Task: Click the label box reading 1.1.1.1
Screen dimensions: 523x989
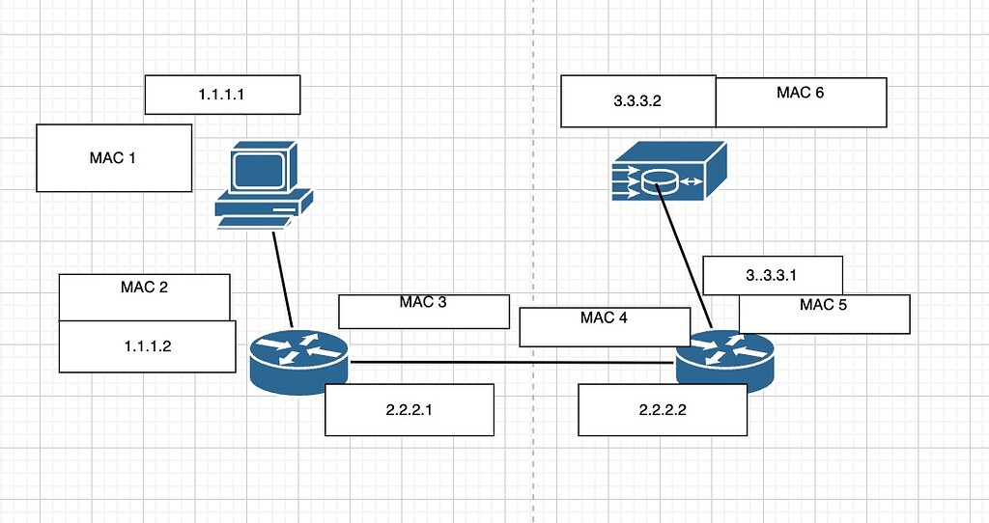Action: [x=222, y=95]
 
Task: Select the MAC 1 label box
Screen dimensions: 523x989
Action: [x=113, y=157]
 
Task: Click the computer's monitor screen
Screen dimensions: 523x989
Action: [x=261, y=168]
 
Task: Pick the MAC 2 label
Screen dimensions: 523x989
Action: [x=144, y=289]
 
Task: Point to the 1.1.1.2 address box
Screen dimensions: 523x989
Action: [x=147, y=346]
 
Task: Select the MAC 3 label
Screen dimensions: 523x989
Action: [x=423, y=303]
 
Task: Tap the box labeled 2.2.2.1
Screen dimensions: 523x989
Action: [x=410, y=409]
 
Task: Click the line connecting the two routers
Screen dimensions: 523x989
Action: [x=512, y=363]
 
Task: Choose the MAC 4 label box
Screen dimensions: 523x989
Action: [x=604, y=318]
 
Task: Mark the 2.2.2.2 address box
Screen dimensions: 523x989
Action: [x=663, y=409]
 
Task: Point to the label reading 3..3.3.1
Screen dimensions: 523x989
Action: [x=773, y=275]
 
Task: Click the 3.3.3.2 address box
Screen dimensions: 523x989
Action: [x=637, y=102]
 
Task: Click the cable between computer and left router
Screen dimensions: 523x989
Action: [x=282, y=280]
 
